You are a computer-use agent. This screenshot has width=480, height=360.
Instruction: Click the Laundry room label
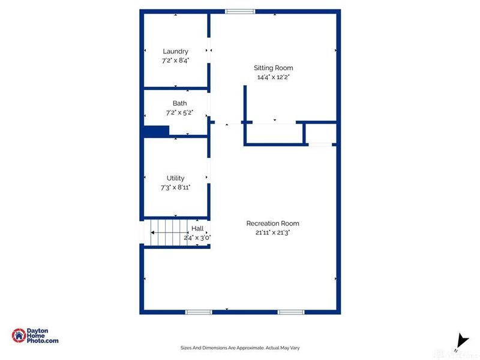pos(175,52)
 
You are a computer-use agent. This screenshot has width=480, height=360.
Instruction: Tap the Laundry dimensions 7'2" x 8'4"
pos(175,60)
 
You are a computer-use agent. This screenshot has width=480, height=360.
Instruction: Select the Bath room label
pos(179,103)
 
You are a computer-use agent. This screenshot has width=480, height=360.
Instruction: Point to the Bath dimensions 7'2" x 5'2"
pos(179,112)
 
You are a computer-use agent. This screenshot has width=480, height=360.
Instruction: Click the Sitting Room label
pos(273,68)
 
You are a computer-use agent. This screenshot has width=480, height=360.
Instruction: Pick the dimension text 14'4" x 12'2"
pos(273,77)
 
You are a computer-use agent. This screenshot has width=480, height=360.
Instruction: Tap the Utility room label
pos(175,178)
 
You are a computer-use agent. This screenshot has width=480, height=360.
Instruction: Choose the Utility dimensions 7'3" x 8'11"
pos(175,187)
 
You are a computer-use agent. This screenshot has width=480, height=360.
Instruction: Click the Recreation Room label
pos(272,223)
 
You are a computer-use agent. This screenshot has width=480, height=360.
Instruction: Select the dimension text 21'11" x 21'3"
pos(272,232)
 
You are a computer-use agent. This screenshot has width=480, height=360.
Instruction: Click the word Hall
pos(197,229)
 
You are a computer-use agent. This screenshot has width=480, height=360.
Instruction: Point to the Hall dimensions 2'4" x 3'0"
pos(197,237)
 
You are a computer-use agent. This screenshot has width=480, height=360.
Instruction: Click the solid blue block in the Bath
pos(156,131)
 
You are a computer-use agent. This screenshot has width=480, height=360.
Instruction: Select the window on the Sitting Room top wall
pos(240,11)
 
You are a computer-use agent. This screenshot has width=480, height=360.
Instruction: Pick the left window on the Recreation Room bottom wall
pos(199,312)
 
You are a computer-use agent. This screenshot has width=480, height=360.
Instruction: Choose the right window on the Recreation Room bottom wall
pos(290,312)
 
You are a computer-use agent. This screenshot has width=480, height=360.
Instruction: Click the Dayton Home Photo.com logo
pos(36,335)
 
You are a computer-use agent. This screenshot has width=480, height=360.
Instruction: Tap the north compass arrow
pos(461,340)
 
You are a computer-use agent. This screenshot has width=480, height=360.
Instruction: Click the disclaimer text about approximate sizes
pos(239,347)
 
